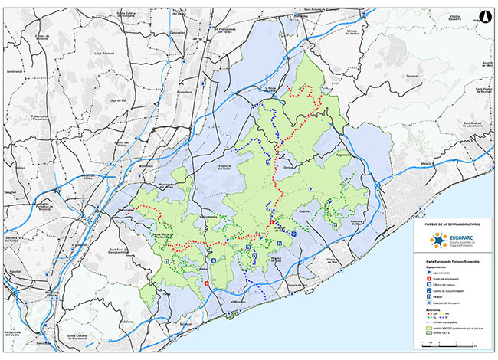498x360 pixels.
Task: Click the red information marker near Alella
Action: [x=205, y=284]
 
